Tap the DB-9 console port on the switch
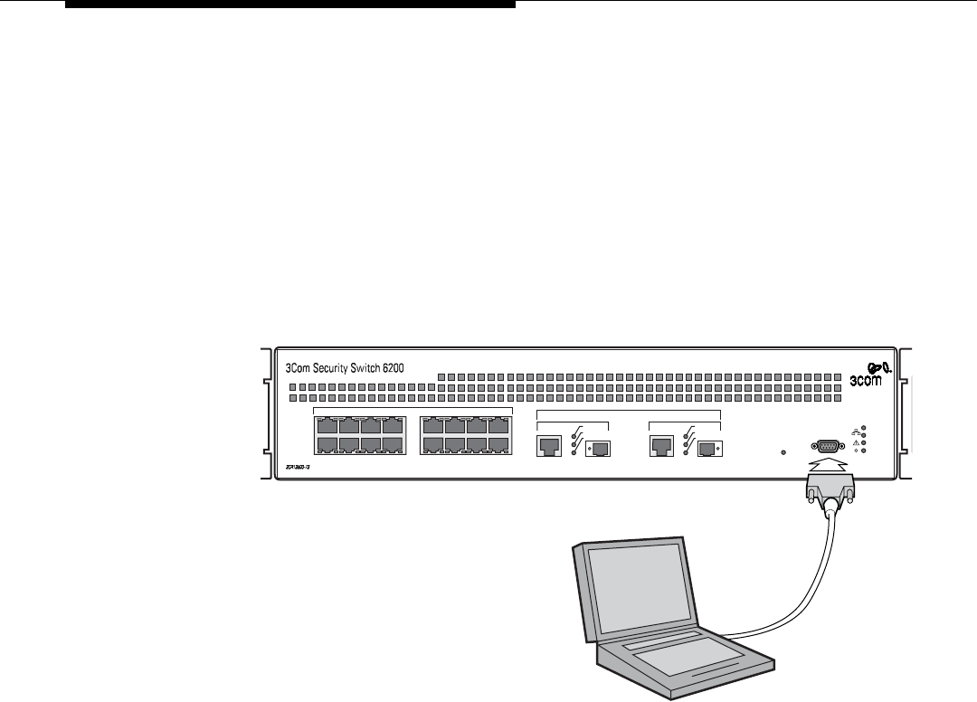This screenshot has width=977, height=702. (826, 446)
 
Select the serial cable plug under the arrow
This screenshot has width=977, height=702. (828, 494)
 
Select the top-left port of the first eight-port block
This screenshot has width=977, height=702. (327, 426)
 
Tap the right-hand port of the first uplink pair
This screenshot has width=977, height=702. (596, 446)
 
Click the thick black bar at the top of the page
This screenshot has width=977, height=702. (290, 4)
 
